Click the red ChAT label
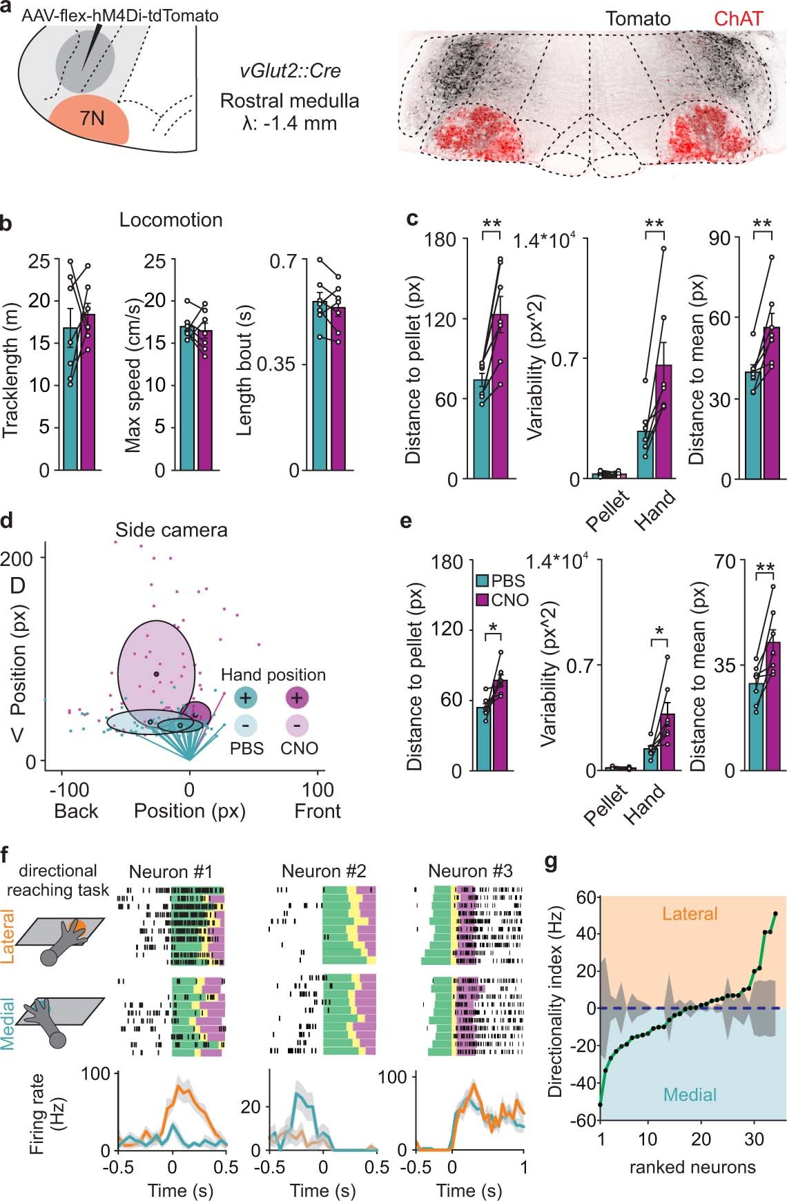tap(738, 19)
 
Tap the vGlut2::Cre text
tap(290, 71)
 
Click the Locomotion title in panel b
tap(171, 220)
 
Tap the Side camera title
tap(171, 530)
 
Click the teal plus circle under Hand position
tap(245, 698)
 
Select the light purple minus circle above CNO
tap(297, 725)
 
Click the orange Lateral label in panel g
tap(690, 914)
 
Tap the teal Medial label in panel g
tap(690, 1095)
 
